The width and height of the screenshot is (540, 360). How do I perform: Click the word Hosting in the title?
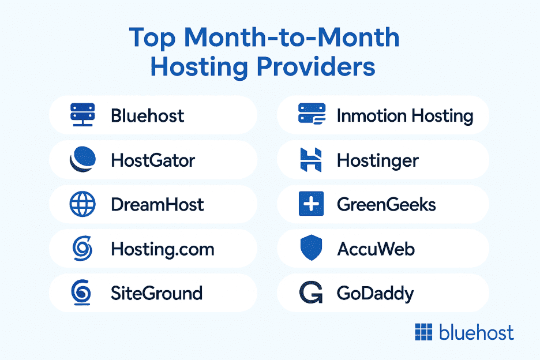tap(199, 67)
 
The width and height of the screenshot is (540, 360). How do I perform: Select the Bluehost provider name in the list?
tap(147, 116)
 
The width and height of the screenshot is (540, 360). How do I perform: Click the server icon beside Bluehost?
tap(82, 115)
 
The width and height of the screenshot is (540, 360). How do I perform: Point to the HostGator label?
tap(153, 160)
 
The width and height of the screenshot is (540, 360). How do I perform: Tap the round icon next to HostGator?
tap(82, 159)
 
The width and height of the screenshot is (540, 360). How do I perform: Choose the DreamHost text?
tap(157, 205)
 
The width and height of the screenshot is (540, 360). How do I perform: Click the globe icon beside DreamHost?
tap(82, 204)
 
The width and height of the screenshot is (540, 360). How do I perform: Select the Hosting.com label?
tap(163, 249)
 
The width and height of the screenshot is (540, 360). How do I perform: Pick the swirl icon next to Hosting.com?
tap(82, 249)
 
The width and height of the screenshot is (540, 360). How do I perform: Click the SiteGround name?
tap(157, 294)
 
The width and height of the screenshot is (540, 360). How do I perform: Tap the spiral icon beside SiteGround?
tap(81, 292)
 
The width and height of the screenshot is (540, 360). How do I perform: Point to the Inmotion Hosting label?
tap(405, 116)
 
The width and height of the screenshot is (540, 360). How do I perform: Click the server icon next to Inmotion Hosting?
tap(312, 114)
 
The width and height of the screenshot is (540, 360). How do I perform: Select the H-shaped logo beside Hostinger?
tap(311, 160)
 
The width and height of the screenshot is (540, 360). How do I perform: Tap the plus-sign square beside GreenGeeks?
tap(312, 204)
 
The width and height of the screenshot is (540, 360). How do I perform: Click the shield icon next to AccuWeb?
tap(312, 247)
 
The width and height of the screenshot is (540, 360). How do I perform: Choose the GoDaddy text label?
tap(376, 294)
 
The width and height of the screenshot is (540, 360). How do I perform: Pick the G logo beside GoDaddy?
tap(311, 292)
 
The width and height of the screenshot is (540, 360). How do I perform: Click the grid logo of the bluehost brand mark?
tap(423, 332)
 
